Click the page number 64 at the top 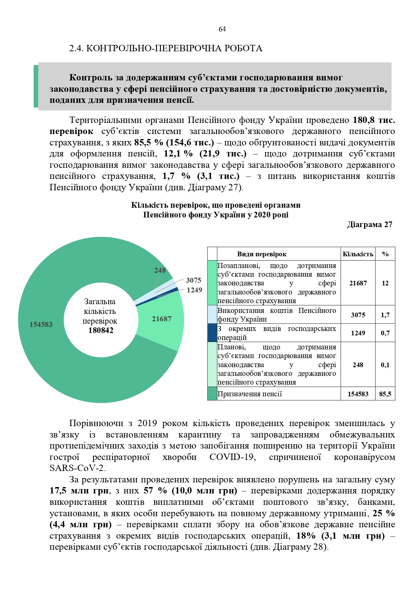point(222,29)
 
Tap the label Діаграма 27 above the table point(369,224)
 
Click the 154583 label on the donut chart point(41,324)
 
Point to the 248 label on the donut point(160,270)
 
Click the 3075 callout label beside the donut point(193,280)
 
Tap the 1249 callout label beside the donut point(194,290)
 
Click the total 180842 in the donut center point(101,330)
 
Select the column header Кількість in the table point(358,254)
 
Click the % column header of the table point(385,254)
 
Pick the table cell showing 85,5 point(385,394)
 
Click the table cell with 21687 point(358,283)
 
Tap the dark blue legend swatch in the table point(212,333)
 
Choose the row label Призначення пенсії point(250,394)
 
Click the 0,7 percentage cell point(385,333)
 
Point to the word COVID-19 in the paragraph point(233,457)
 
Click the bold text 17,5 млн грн point(79,491)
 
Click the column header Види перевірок point(262,254)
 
